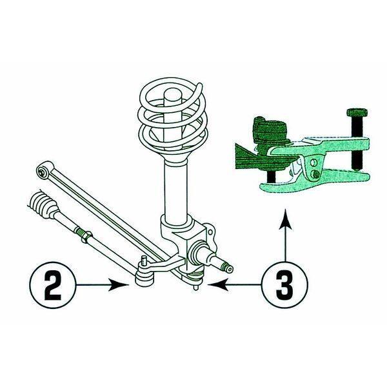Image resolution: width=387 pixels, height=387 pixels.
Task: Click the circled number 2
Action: click(52, 284)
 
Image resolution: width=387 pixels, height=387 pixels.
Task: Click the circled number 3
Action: click(285, 284)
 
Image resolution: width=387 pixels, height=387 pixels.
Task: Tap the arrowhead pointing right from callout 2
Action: click(119, 285)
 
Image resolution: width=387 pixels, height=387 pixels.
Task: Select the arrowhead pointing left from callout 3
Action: click(218, 284)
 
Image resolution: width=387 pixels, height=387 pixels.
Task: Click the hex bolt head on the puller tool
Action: click(357, 112)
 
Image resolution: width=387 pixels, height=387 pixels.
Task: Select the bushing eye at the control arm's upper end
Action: click(44, 170)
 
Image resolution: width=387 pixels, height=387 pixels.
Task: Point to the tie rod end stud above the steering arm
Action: click(144, 261)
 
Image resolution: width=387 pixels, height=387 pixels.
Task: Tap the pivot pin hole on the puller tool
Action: click(313, 163)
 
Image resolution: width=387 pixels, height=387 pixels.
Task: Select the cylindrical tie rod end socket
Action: click(144, 276)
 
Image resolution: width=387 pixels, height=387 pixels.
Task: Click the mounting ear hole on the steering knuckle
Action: click(210, 232)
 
